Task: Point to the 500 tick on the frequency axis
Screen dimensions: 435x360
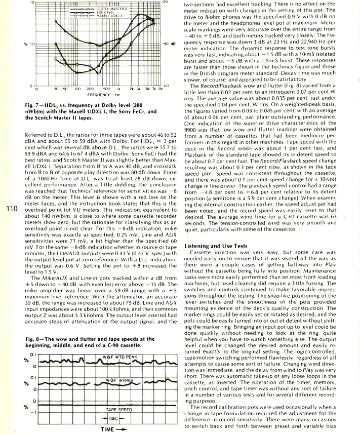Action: [x=106, y=89]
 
